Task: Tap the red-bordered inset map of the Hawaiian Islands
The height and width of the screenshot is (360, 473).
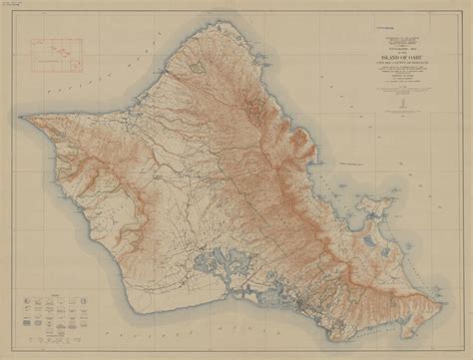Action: click(x=56, y=56)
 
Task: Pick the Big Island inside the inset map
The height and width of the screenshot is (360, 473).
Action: click(x=70, y=64)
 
